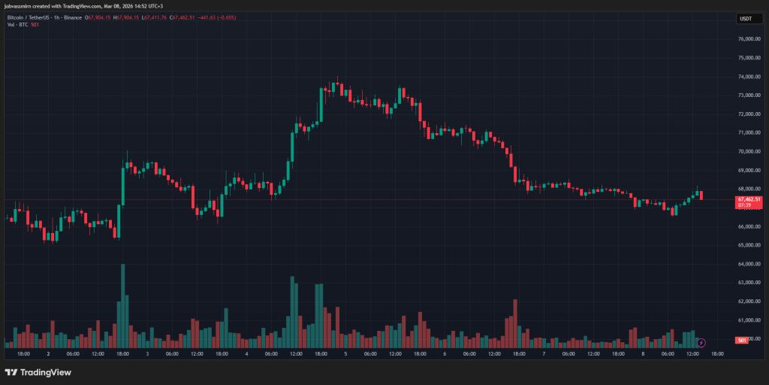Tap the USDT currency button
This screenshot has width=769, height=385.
746,18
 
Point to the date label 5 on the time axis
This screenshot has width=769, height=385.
345,353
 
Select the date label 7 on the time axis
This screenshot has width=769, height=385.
544,353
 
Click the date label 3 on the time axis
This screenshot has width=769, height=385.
147,353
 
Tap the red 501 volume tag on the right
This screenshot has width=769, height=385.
741,341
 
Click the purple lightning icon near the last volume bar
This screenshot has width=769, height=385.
701,343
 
